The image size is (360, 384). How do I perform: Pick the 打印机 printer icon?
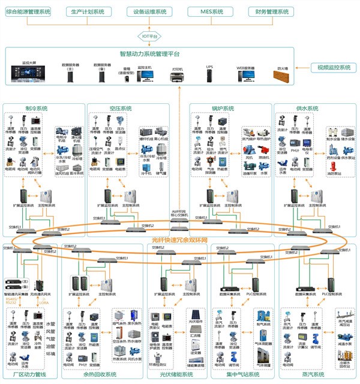[178, 76]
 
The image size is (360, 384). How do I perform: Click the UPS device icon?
[209, 76]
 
